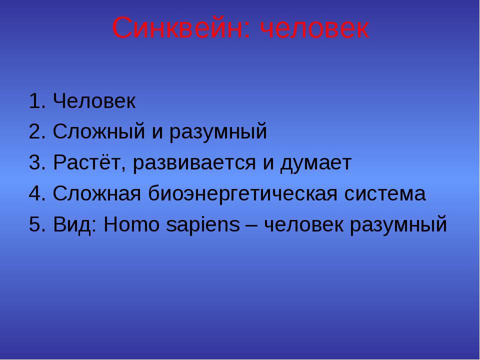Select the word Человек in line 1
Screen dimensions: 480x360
pos(94,100)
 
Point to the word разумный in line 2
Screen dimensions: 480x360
pos(218,132)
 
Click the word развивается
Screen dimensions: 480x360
pos(194,163)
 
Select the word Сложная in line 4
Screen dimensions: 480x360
pos(97,194)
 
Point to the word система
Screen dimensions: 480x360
pos(385,194)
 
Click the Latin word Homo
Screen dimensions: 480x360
pos(132,224)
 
